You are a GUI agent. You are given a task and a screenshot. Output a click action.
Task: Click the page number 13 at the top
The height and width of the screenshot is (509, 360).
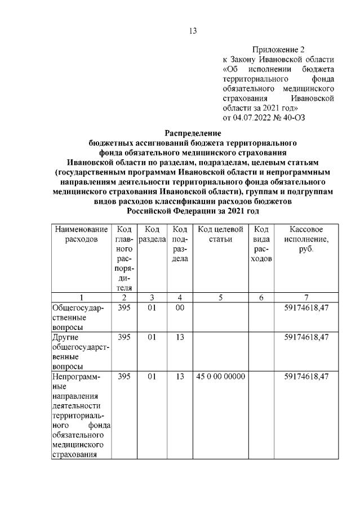193,31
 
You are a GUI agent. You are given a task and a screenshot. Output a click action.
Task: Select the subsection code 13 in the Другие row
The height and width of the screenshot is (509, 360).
180,337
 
